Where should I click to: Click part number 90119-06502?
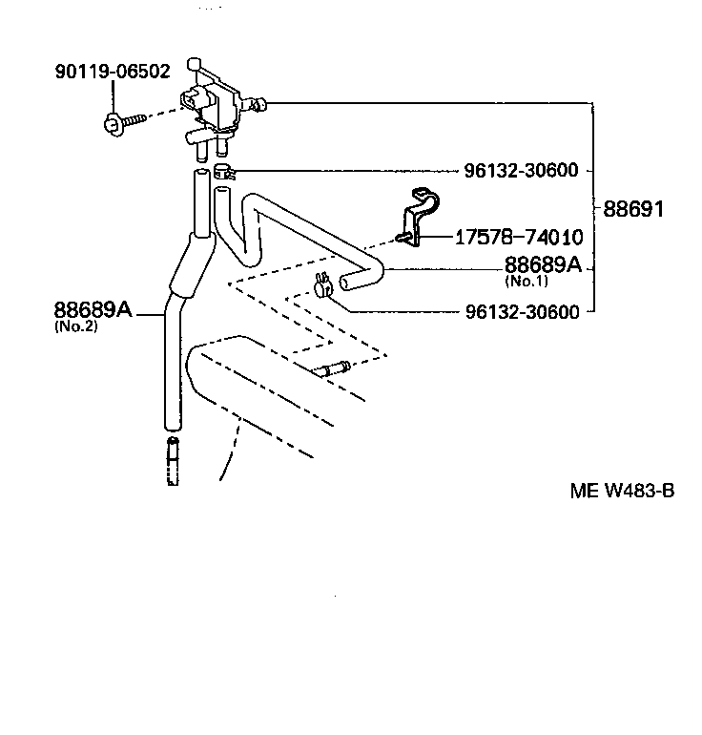[x=114, y=71]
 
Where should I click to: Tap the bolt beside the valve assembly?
[x=124, y=121]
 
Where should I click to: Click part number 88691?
[x=632, y=207]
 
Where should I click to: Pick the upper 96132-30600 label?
[x=521, y=171]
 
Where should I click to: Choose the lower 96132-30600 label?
[x=521, y=311]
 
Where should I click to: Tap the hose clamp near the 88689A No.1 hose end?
[x=321, y=283]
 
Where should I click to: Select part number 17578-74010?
[x=519, y=237]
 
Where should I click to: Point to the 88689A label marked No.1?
[x=542, y=264]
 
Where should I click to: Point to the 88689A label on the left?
[x=92, y=309]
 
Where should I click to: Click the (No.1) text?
[x=526, y=281]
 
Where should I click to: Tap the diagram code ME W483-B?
[x=622, y=492]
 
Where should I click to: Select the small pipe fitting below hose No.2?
[x=173, y=460]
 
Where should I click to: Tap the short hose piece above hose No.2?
[x=199, y=200]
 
